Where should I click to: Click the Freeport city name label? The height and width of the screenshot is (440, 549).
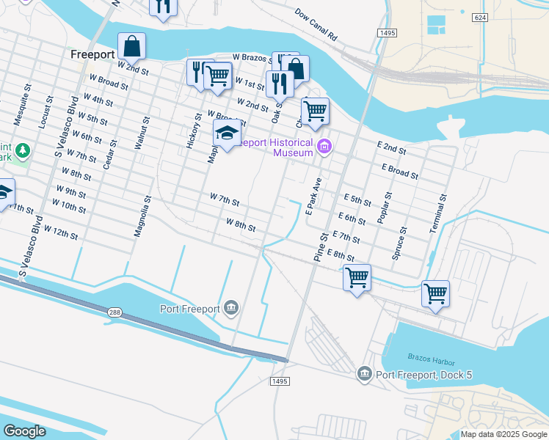(92, 54)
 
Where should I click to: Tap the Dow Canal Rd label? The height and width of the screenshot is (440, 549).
(316, 24)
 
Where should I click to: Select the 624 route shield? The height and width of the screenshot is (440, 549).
(479, 17)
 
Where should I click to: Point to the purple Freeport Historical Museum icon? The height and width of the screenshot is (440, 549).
(324, 148)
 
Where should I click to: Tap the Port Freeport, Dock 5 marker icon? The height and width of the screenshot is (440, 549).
(364, 375)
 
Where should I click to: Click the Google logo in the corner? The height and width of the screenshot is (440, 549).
(24, 430)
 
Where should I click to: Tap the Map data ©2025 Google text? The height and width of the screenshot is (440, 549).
(503, 434)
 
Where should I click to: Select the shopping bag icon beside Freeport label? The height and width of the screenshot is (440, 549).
(131, 46)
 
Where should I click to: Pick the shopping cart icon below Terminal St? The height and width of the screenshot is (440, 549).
(435, 293)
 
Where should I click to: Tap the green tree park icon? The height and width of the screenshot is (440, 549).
(23, 150)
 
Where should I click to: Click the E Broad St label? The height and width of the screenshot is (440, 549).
(399, 172)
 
